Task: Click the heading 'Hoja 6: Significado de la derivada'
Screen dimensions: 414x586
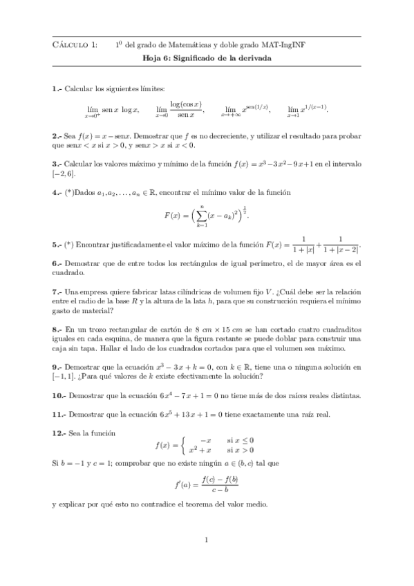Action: coord(207,59)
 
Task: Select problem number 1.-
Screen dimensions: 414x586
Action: coord(57,89)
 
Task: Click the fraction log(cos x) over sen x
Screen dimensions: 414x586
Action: coord(187,108)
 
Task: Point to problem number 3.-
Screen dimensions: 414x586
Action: coord(57,164)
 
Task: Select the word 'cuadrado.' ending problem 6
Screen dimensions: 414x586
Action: coord(68,273)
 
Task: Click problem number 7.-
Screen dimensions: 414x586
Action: coord(57,292)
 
